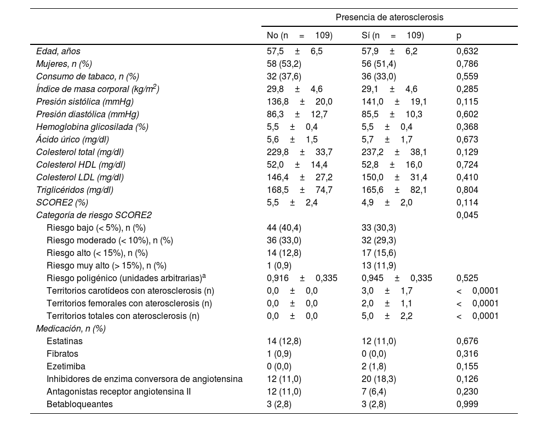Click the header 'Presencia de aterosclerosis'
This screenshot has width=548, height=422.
point(390,18)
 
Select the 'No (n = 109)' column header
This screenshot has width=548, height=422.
point(299,36)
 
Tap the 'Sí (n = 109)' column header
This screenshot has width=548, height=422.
point(392,36)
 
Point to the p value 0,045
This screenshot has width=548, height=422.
point(467,215)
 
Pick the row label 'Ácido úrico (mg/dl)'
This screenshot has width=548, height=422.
point(72,140)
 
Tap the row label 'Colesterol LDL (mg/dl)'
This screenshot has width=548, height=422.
point(80,178)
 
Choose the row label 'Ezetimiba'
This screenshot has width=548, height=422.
point(66,367)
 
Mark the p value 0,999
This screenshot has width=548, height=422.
point(467,404)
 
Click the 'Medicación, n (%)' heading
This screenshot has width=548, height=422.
point(71,329)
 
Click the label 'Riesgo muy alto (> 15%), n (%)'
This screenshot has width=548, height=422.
point(106,266)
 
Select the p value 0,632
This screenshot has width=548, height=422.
point(467,52)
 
